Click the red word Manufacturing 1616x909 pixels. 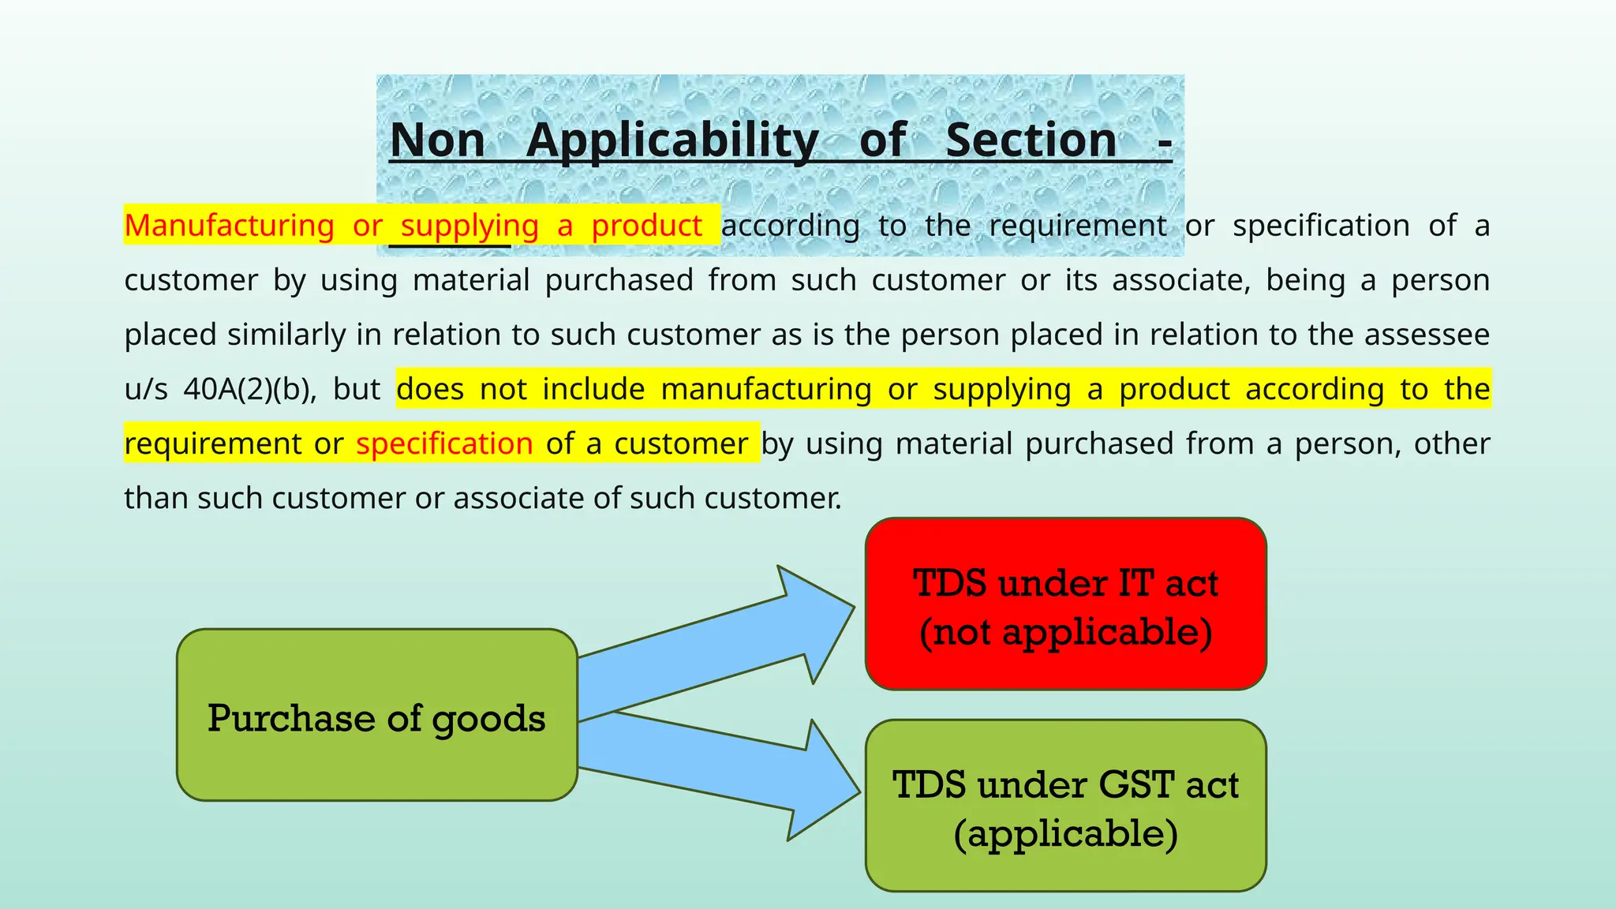click(x=230, y=226)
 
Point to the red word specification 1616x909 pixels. click(x=444, y=443)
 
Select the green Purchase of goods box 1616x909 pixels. click(x=377, y=715)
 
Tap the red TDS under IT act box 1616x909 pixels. click(x=1065, y=604)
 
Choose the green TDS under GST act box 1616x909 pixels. click(x=1065, y=805)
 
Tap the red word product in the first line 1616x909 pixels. click(x=647, y=226)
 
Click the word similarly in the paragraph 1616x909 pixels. click(x=286, y=335)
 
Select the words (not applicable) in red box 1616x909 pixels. click(x=1065, y=632)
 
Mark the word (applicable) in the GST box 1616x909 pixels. click(x=1065, y=833)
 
